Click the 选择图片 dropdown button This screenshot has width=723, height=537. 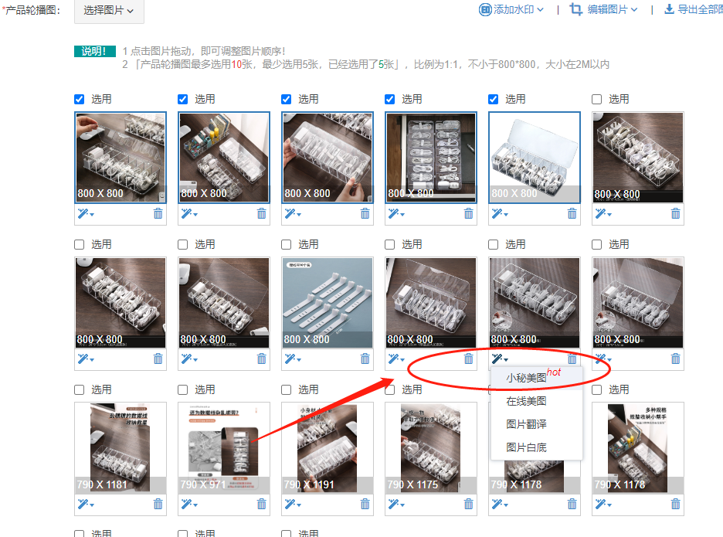[x=108, y=11]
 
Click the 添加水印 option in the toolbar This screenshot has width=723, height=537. [x=511, y=9]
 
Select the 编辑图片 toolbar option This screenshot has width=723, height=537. [x=603, y=9]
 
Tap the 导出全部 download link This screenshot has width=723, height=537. [x=693, y=9]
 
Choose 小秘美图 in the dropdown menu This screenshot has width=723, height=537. [x=526, y=378]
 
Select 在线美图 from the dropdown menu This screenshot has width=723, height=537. [x=526, y=401]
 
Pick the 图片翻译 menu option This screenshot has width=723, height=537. [x=526, y=424]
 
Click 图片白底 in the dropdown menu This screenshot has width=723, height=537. [x=526, y=447]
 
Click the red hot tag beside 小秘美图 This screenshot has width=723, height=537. [x=554, y=372]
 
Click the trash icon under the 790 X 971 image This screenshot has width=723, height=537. [x=261, y=504]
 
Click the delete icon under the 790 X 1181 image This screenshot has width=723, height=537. [x=158, y=504]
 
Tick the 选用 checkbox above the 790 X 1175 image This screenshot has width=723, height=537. [x=390, y=389]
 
